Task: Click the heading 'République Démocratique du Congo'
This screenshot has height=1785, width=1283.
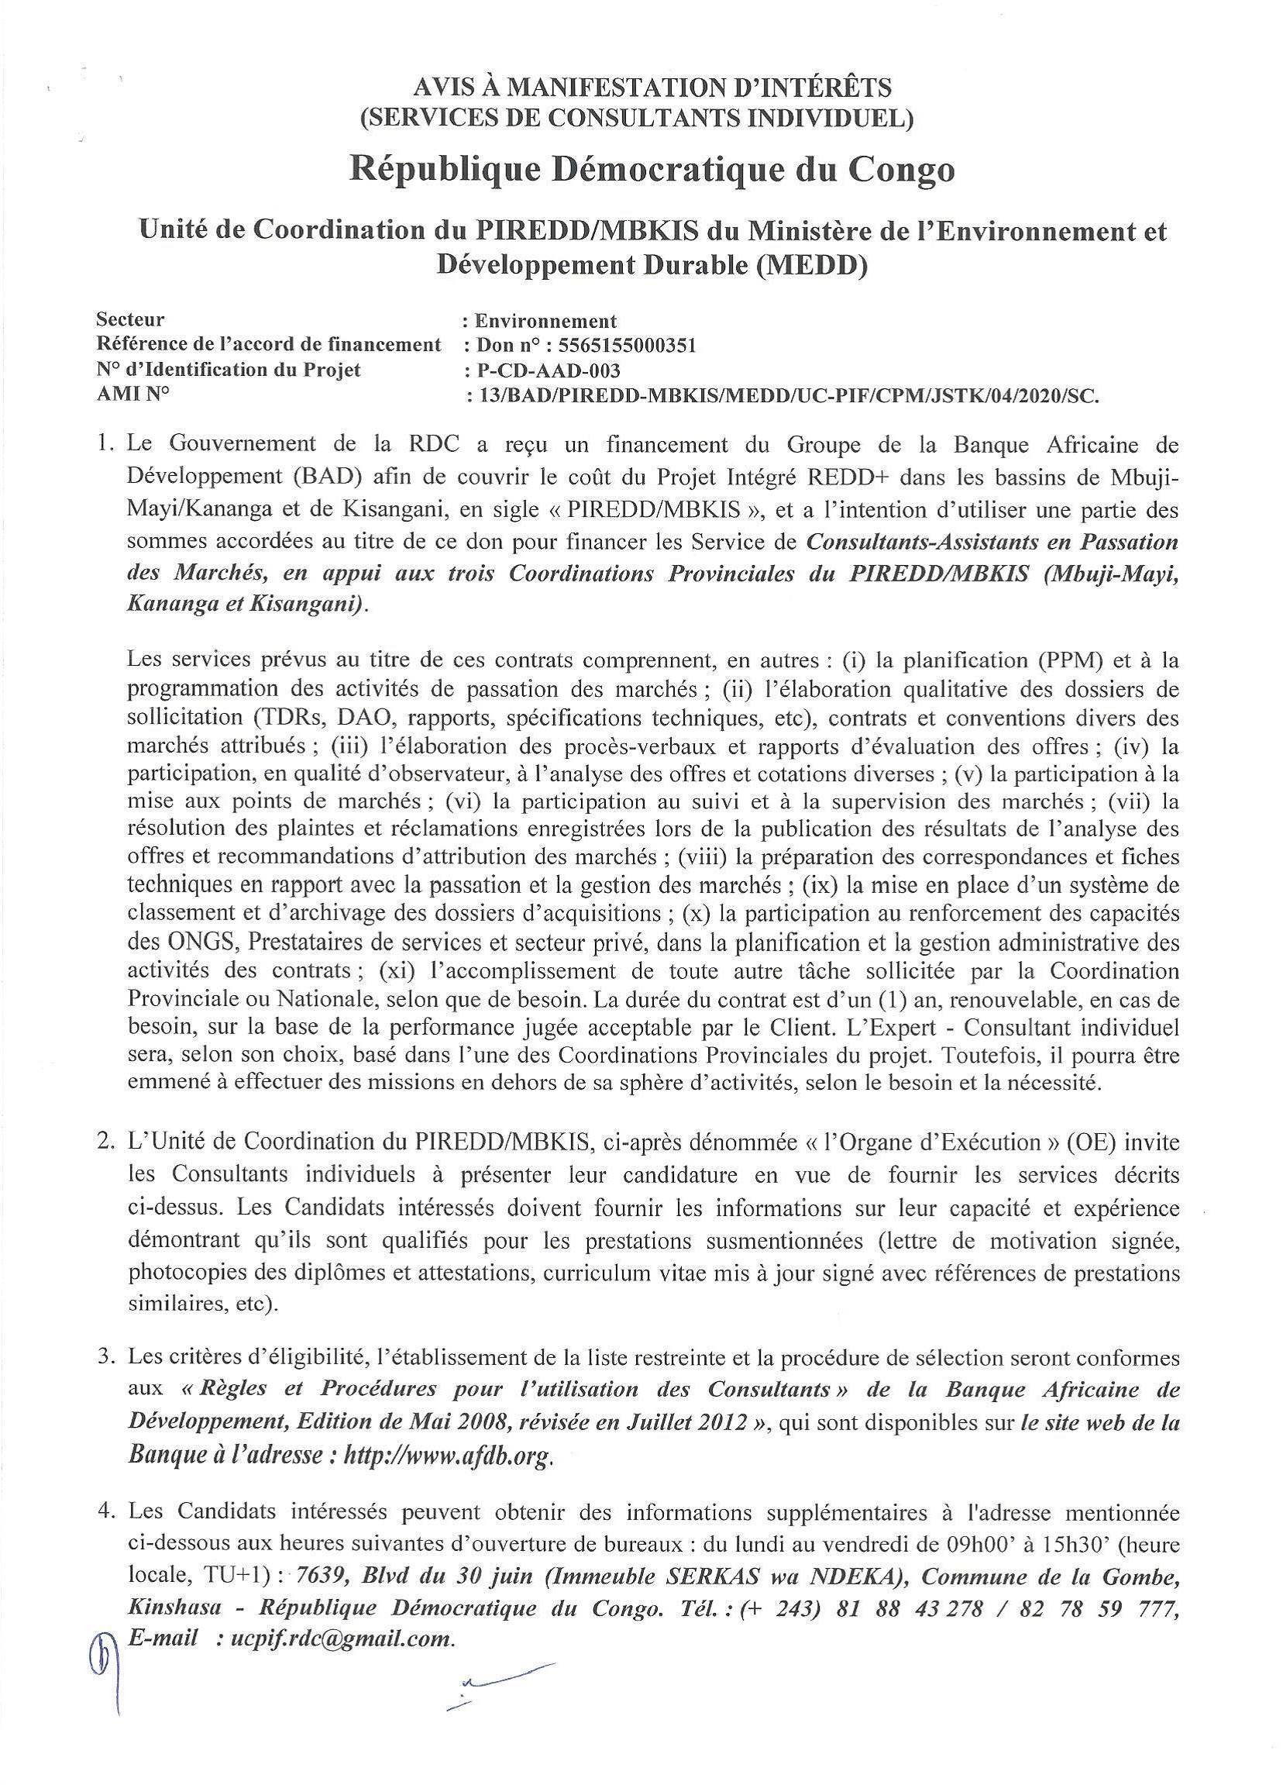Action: (x=652, y=170)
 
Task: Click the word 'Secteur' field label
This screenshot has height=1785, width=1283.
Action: (x=131, y=319)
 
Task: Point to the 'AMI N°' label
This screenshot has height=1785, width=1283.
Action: (x=133, y=395)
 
